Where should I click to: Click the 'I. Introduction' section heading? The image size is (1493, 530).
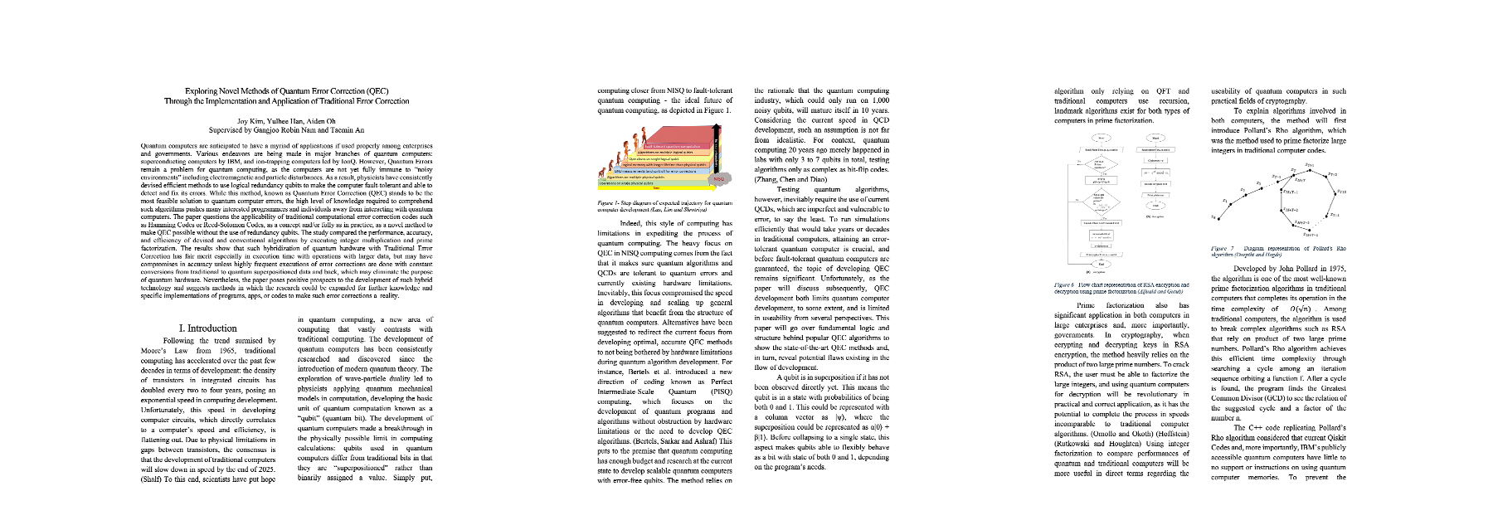207,328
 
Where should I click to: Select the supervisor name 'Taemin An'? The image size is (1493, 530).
347,130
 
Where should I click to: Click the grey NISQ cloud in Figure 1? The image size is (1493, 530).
718,178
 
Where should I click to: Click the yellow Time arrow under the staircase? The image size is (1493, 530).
655,188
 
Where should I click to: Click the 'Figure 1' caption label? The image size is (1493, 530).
609,202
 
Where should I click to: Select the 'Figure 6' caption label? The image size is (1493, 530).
1064,284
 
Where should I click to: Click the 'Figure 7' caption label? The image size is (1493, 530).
1222,248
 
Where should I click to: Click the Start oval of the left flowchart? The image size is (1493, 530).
1101,138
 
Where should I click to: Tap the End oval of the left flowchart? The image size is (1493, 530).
1101,264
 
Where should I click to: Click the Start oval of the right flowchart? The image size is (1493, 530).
1155,138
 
